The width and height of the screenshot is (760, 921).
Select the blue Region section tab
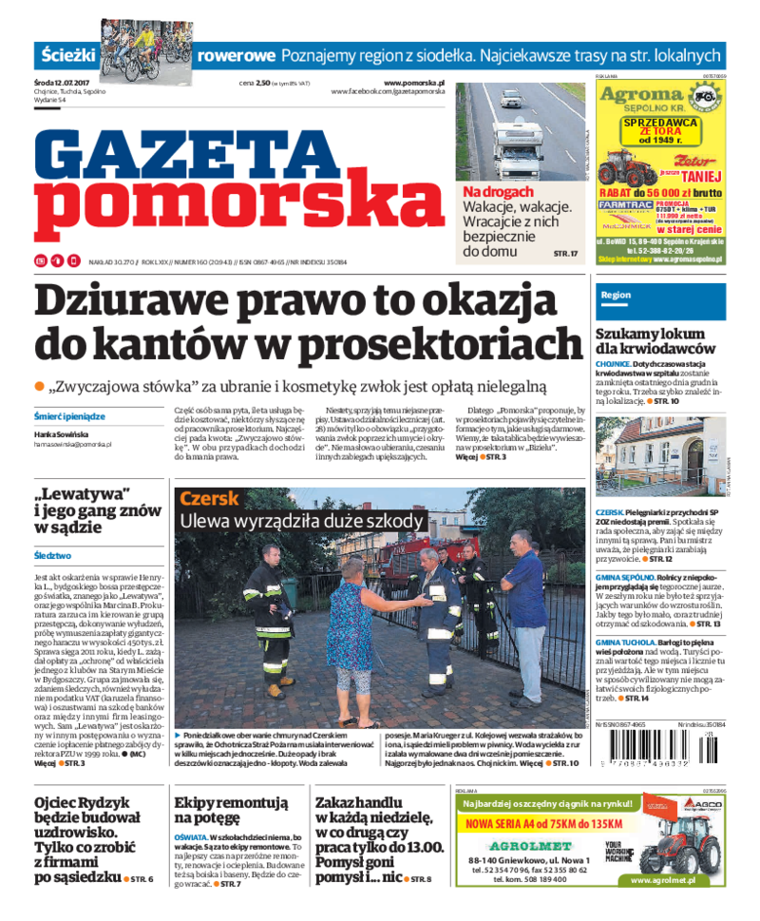(616, 296)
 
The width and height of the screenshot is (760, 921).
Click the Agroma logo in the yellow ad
(643, 95)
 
